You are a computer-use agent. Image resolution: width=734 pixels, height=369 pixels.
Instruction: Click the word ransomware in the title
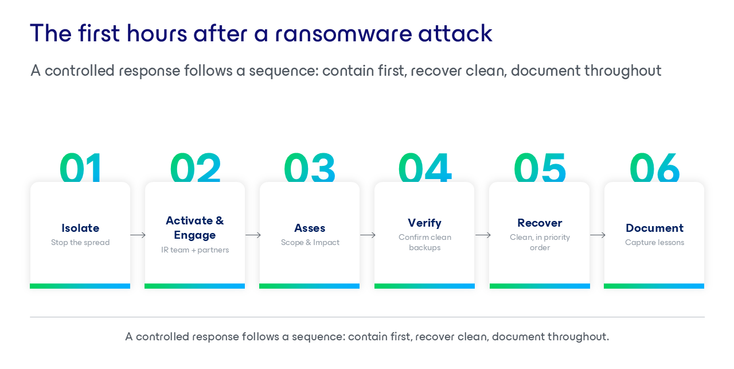(343, 34)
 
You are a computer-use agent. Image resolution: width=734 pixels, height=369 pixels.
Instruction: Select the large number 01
(81, 167)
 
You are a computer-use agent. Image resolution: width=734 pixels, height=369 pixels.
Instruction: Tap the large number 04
(425, 167)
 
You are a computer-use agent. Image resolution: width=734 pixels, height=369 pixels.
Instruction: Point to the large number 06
(654, 167)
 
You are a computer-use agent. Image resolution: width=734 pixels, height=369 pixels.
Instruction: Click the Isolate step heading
(80, 228)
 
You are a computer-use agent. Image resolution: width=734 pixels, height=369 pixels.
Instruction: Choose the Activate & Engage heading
(195, 228)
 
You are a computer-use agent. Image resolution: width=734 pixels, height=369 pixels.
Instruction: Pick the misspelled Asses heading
(310, 228)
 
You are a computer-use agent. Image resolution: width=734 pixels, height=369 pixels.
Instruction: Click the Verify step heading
(425, 223)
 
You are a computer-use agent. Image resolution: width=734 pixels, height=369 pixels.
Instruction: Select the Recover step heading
(540, 223)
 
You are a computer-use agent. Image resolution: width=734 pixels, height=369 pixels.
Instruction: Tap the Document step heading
(654, 228)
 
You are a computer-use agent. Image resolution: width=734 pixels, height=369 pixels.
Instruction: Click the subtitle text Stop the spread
(80, 242)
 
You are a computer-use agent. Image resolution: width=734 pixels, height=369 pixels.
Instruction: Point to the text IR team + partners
(195, 250)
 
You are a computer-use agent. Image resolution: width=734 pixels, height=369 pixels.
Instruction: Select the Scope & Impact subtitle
(310, 242)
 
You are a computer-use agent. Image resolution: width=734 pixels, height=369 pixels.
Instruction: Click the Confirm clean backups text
(425, 242)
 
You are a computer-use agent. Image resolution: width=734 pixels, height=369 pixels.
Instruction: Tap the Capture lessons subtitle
(654, 242)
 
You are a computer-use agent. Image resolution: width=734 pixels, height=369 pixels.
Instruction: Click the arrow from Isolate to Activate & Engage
(138, 235)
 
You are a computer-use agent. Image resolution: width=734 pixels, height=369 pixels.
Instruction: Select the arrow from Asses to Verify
(368, 235)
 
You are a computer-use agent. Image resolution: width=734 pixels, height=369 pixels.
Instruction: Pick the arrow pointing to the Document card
(598, 235)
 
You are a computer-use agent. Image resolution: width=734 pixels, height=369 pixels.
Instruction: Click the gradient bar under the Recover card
(540, 286)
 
